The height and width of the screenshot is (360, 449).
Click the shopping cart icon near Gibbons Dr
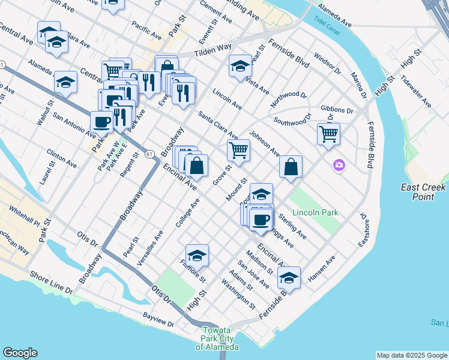(x=328, y=134)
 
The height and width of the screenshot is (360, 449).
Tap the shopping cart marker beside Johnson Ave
(x=239, y=150)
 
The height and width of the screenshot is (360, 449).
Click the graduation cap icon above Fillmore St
(x=197, y=255)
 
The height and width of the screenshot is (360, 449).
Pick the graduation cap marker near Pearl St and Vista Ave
(x=240, y=65)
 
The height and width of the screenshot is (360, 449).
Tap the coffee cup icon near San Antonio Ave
(x=101, y=122)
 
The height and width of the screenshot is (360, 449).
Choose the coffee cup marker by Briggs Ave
(x=261, y=220)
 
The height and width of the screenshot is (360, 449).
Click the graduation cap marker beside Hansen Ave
(x=289, y=277)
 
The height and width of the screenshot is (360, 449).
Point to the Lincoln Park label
(x=315, y=212)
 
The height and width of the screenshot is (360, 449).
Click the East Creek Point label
(x=423, y=192)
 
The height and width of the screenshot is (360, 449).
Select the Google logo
(x=20, y=353)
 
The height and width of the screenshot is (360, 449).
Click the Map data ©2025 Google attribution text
(x=411, y=355)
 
